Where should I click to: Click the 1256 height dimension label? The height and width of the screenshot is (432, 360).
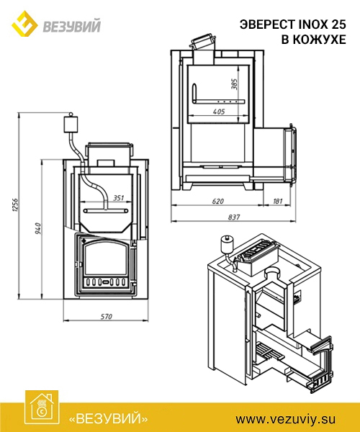click(x=15, y=204)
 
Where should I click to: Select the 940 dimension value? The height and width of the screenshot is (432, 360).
click(x=38, y=228)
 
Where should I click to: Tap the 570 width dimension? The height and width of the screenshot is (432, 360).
click(x=106, y=317)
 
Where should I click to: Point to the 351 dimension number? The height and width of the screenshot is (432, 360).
click(x=118, y=198)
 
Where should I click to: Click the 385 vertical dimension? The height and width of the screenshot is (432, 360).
click(x=235, y=84)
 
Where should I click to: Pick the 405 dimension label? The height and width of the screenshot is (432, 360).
click(x=219, y=112)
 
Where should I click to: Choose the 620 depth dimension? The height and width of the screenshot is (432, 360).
click(x=217, y=201)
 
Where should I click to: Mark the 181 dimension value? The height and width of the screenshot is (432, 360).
click(x=277, y=201)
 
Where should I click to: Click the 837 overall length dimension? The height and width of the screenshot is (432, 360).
click(x=234, y=217)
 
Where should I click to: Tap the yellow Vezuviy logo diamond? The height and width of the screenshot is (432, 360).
click(x=24, y=24)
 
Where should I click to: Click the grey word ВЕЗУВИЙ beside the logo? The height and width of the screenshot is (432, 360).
click(x=71, y=26)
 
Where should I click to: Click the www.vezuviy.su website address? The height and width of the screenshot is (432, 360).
click(x=285, y=419)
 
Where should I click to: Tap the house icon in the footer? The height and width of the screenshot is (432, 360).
click(x=42, y=408)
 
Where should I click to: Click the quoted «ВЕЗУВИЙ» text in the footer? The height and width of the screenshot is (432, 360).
click(x=108, y=419)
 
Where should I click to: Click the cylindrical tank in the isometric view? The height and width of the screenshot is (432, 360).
click(x=228, y=244)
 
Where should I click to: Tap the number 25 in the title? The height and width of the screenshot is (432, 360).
click(x=338, y=24)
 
